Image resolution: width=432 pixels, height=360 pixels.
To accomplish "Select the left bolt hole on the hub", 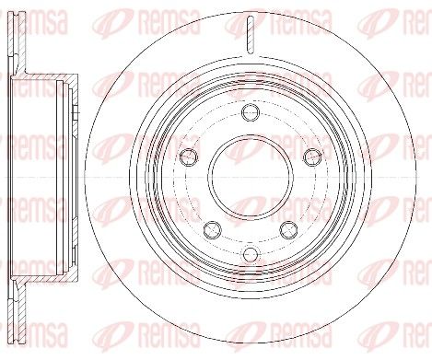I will [189, 155].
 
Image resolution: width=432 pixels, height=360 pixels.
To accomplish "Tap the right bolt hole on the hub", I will [310, 155].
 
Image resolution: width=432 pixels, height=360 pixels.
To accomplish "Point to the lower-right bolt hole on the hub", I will [287, 227].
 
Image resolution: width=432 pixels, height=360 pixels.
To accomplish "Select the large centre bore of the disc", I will [250, 176].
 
